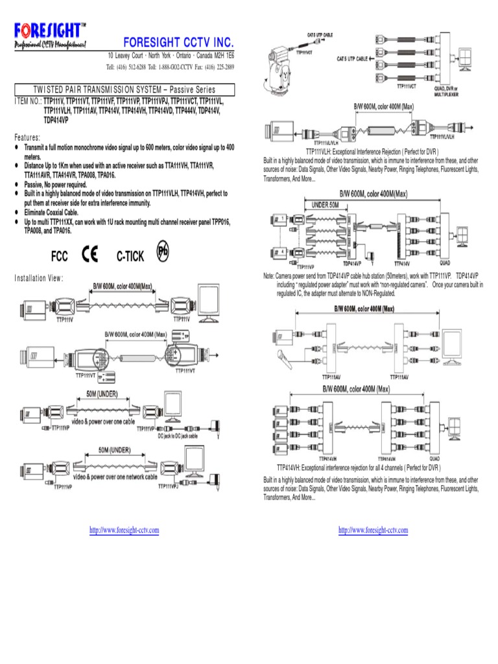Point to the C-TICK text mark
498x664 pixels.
pos(130,256)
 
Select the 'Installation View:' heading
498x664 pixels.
pos(39,278)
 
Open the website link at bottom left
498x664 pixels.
pos(124,530)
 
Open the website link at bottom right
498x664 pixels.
pos(373,530)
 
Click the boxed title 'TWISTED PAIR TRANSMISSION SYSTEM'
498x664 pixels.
pos(123,89)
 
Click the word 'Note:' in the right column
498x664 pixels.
pos(269,276)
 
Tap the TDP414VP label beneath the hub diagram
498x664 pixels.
pos(351,264)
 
